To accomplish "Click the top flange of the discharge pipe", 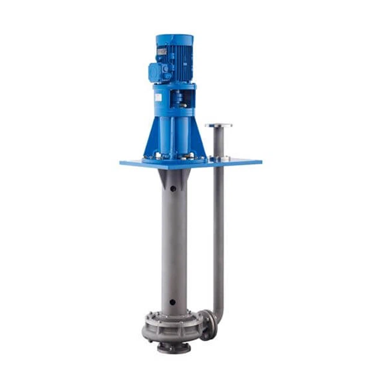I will point(218,125).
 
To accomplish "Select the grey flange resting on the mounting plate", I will point(218,157).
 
